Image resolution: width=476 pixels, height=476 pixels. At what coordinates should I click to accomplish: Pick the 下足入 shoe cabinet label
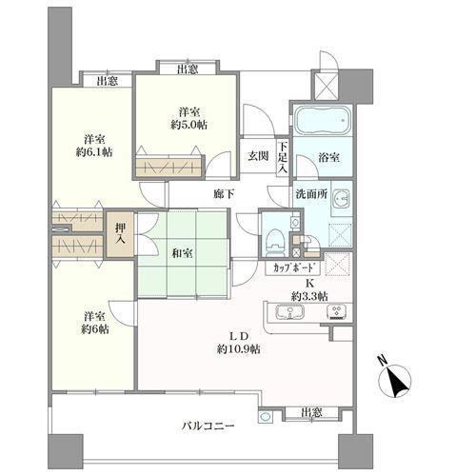coord(283,158)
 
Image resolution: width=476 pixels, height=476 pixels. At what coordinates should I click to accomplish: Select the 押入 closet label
coord(120,234)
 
